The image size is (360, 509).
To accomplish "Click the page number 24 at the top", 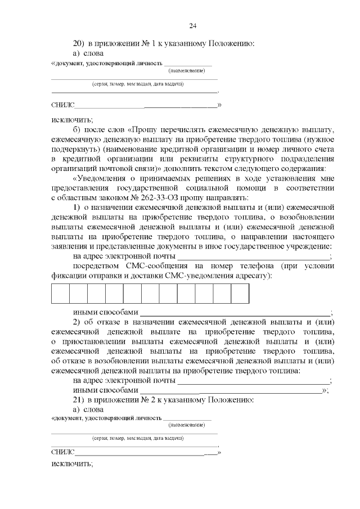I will (192, 26).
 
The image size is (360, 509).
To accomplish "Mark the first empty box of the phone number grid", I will (60, 294).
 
